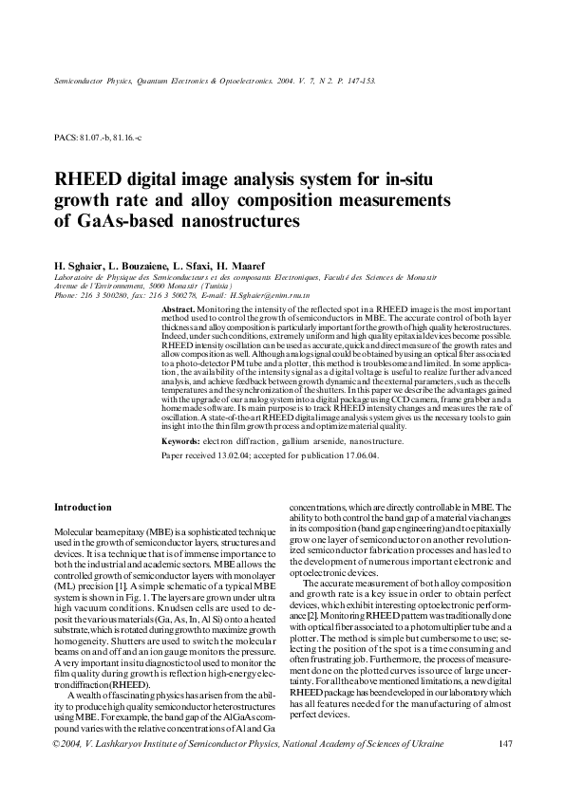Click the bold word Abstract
[x=179, y=310]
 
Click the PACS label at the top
[x=66, y=138]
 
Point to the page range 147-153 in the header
[x=358, y=82]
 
